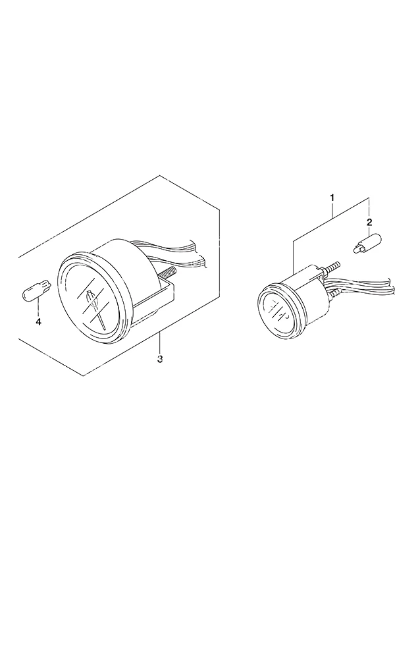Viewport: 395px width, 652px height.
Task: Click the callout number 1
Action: [332, 198]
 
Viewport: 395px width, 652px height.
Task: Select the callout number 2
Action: [369, 223]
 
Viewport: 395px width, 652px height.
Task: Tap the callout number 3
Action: [160, 358]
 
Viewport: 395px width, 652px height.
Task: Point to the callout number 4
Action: [38, 322]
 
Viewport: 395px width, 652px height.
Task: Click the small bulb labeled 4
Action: [37, 289]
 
